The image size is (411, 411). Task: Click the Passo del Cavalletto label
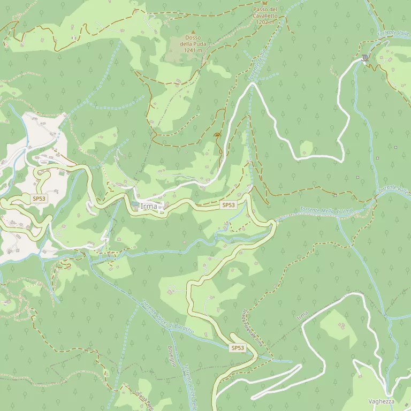pyautogui.click(x=265, y=13)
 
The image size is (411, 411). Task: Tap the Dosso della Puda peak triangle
pyautogui.click(x=193, y=32)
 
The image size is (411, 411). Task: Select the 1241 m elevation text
pyautogui.click(x=193, y=50)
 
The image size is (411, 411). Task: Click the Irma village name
pyautogui.click(x=149, y=207)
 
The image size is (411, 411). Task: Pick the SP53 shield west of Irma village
pyautogui.click(x=39, y=199)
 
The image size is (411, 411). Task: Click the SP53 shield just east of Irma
pyautogui.click(x=228, y=205)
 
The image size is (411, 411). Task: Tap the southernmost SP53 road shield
pyautogui.click(x=238, y=348)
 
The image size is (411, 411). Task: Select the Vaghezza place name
pyautogui.click(x=381, y=401)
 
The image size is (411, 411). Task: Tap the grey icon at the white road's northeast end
pyautogui.click(x=365, y=58)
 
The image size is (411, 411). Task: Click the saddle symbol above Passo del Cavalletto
pyautogui.click(x=264, y=3)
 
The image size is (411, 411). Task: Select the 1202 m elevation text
pyautogui.click(x=265, y=22)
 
